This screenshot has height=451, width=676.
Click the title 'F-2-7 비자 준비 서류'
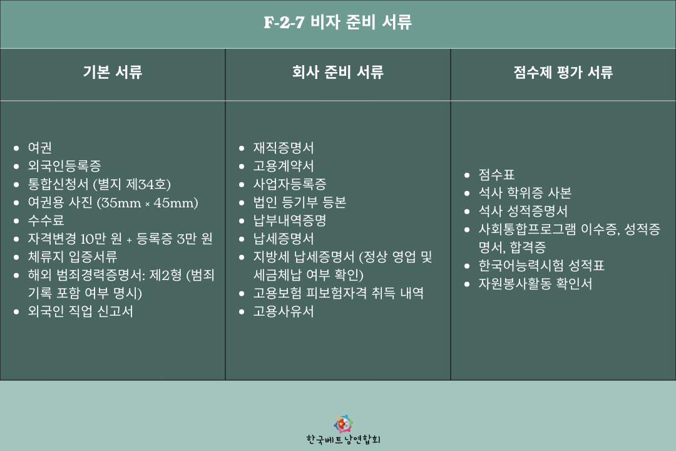tap(337, 22)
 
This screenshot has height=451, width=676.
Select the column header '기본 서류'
tap(113, 71)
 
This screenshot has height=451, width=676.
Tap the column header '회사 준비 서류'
tap(337, 71)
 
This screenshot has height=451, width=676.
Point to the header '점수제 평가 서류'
tap(563, 71)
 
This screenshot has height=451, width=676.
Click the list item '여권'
tap(39, 148)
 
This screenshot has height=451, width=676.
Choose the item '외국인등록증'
tap(64, 166)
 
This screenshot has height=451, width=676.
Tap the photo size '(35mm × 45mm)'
tap(148, 202)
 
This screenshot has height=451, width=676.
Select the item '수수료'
tap(46, 220)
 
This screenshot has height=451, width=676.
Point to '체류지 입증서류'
tap(73, 257)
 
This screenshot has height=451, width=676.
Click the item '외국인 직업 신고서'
tap(80, 311)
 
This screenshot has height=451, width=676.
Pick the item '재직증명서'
tap(284, 148)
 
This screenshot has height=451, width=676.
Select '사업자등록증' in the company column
tap(290, 184)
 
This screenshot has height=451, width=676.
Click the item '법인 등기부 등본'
tap(300, 202)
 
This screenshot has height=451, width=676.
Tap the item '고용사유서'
tap(284, 311)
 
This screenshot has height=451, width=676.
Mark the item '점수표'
tap(496, 175)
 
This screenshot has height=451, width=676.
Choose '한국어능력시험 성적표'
tap(541, 266)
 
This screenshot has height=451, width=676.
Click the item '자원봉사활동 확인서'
tap(535, 284)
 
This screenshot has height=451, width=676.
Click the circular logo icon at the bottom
tap(343, 424)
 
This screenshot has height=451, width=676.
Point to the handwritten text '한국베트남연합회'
tap(343, 440)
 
